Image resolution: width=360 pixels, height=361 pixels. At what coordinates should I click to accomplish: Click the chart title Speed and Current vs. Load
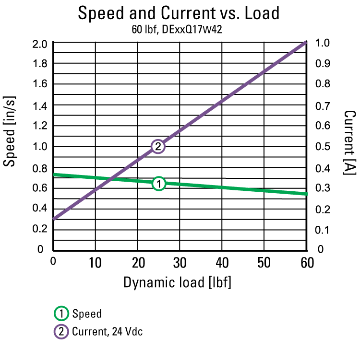pyautogui.click(x=179, y=13)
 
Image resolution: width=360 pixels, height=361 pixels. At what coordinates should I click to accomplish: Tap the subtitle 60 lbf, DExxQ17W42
pyautogui.click(x=178, y=29)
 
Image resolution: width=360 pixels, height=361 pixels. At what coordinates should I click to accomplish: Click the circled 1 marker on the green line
pyautogui.click(x=158, y=183)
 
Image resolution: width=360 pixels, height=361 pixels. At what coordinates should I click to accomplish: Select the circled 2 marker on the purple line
pyautogui.click(x=158, y=146)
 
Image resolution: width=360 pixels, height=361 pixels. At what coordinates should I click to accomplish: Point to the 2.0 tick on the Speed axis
pyautogui.click(x=39, y=44)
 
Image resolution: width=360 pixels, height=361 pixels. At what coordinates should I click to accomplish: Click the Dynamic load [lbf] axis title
pyautogui.click(x=178, y=282)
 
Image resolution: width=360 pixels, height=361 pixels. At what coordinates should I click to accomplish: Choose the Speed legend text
pyautogui.click(x=87, y=314)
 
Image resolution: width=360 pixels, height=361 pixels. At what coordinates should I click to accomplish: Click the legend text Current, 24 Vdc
pyautogui.click(x=107, y=331)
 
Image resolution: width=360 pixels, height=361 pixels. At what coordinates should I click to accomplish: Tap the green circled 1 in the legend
pyautogui.click(x=61, y=314)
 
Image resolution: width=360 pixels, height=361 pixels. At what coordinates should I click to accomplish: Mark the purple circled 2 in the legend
pyautogui.click(x=61, y=331)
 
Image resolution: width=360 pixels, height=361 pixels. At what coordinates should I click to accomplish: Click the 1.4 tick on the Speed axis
pyautogui.click(x=39, y=105)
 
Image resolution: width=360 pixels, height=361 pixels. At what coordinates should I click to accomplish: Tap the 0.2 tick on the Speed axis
pyautogui.click(x=39, y=229)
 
